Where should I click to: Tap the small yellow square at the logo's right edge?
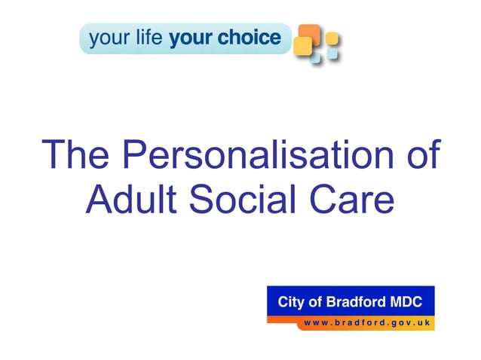pyautogui.click(x=332, y=38)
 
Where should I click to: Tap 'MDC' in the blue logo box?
pyautogui.click(x=413, y=302)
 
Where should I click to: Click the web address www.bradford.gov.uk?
pyautogui.click(x=366, y=322)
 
